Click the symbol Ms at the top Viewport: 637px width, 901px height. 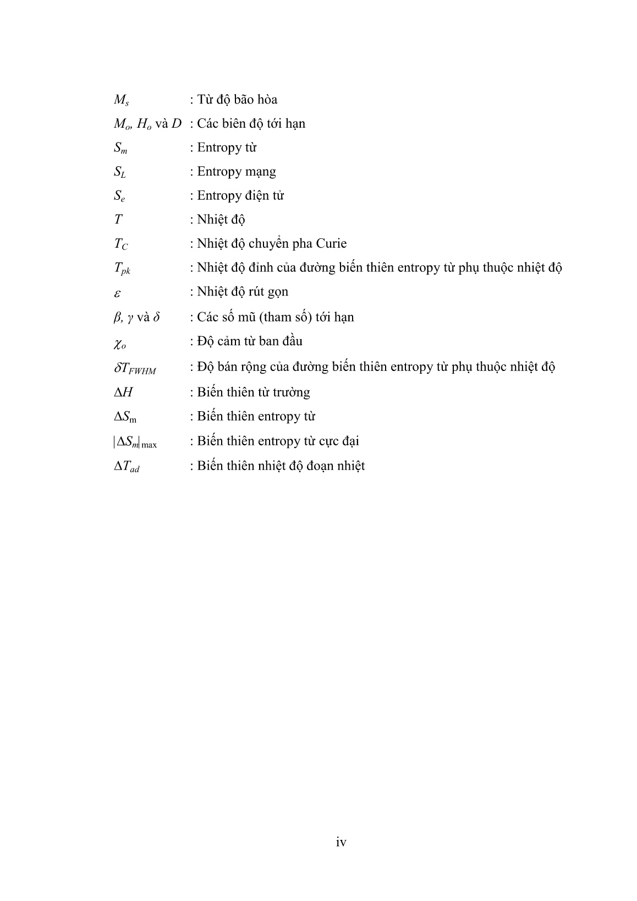[121, 100]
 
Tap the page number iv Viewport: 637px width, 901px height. [341, 842]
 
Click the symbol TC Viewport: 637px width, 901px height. [121, 244]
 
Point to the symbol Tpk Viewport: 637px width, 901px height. [122, 269]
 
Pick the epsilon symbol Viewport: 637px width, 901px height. [117, 293]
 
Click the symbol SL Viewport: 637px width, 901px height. [120, 172]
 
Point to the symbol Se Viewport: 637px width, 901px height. [119, 196]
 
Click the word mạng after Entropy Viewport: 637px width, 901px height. [261, 172]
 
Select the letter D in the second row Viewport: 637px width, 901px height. [176, 123]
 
